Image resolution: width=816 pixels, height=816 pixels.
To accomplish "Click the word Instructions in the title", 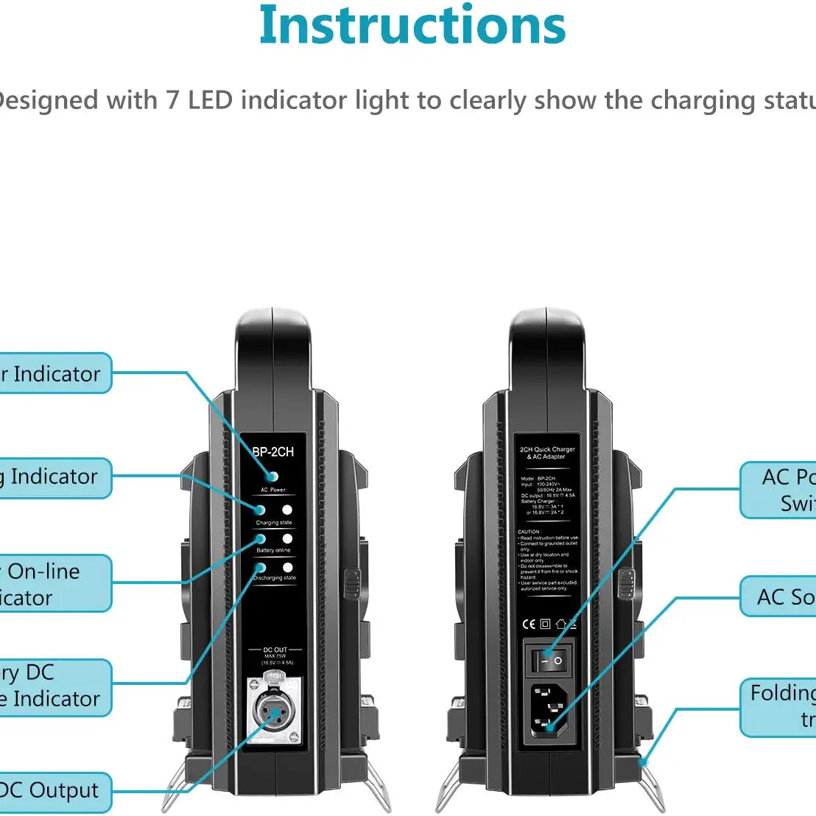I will (x=412, y=26).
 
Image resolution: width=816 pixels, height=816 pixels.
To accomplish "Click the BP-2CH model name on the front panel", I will (x=273, y=451).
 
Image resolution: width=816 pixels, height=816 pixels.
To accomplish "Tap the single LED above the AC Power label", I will (x=272, y=476).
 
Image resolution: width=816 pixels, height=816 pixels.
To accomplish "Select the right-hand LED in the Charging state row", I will (x=287, y=510).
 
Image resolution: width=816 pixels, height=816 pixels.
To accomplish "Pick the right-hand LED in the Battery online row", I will (x=287, y=539).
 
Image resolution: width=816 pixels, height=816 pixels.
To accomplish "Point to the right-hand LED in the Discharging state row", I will (x=287, y=568).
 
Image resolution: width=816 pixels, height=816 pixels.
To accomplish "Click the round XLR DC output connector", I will (x=274, y=712).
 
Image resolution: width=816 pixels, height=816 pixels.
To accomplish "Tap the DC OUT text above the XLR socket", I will (x=275, y=650).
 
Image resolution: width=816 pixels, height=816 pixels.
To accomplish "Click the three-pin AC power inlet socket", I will (x=549, y=710).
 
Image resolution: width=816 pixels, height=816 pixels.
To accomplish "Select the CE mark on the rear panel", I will (x=529, y=624).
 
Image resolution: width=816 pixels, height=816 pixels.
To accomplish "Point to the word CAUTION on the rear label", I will (x=529, y=532).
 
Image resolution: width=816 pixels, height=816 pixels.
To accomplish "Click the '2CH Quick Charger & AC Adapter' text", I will (x=547, y=453).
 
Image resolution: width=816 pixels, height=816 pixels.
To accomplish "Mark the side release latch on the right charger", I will (x=626, y=582).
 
